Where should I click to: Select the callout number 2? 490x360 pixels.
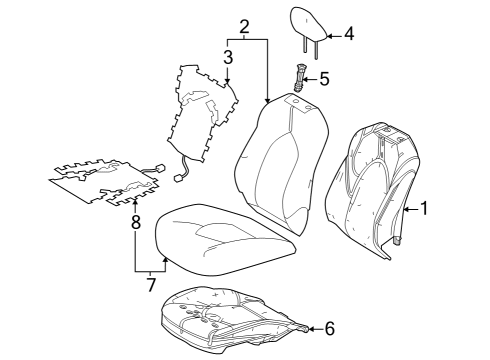[x=243, y=25]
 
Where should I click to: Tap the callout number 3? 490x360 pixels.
[x=228, y=56]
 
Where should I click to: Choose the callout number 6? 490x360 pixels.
[x=331, y=327]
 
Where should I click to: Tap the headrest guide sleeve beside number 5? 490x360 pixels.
[x=300, y=76]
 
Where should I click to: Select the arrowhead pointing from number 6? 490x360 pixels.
[x=307, y=327]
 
